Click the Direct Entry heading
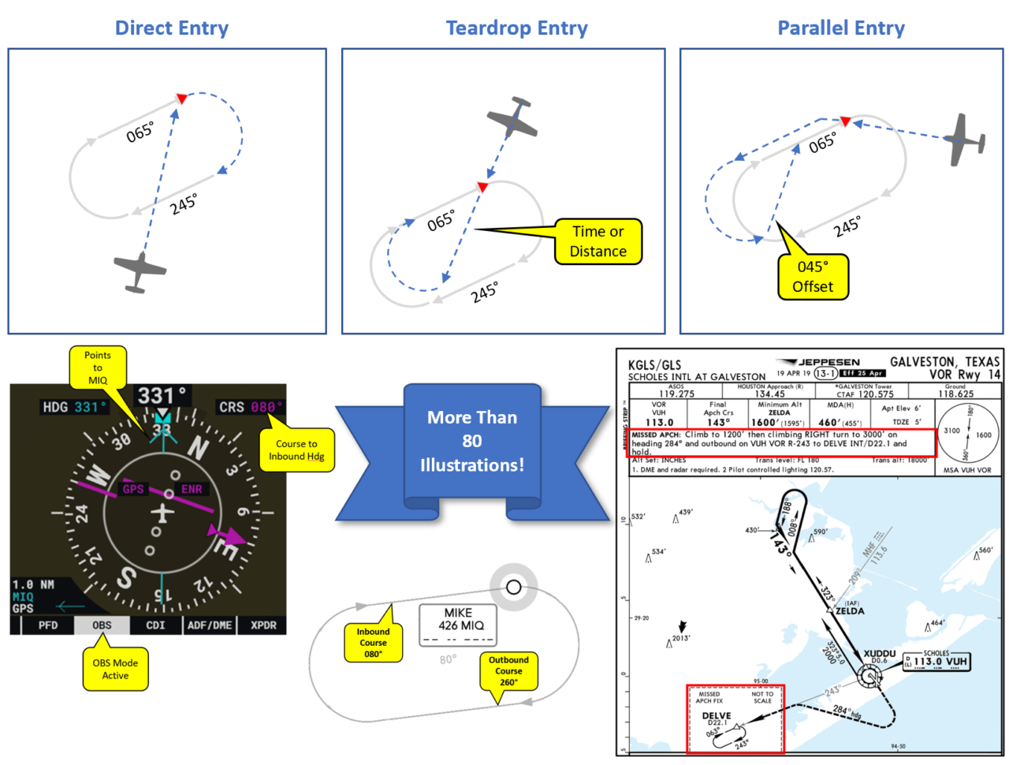[x=172, y=28]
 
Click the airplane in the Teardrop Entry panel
[x=512, y=118]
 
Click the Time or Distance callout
[x=598, y=242]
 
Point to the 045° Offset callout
[x=813, y=277]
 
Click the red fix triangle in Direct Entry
[x=181, y=99]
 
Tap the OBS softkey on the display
[x=102, y=625]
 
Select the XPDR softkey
[x=263, y=625]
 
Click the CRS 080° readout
[x=251, y=407]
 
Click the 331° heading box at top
[x=162, y=395]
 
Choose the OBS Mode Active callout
[x=115, y=669]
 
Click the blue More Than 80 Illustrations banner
[x=472, y=442]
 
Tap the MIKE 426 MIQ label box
[x=458, y=625]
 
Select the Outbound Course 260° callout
[x=508, y=670]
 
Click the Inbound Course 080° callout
[x=373, y=642]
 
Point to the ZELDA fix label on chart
[x=849, y=611]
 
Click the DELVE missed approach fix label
[x=716, y=716]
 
